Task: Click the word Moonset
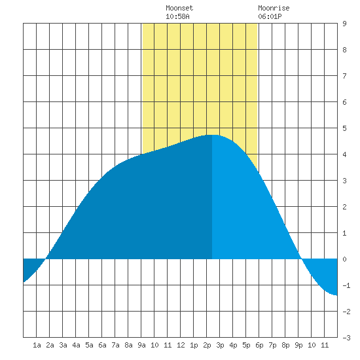pos(179,8)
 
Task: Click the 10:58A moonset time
pos(177,16)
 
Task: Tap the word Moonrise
pos(274,8)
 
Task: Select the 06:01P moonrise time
pos(270,16)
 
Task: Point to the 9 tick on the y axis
pos(344,24)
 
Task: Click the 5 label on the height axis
pos(344,128)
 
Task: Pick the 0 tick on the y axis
pos(344,259)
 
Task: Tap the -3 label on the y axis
pos(346,338)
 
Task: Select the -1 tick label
pos(346,285)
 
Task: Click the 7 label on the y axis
pos(344,76)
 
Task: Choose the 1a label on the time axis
pos(37,345)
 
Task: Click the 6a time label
pos(102,345)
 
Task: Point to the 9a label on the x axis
pos(141,345)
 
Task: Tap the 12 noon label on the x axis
pos(181,345)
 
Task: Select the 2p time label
pos(207,345)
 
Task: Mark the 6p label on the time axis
pos(259,345)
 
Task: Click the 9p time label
pos(298,345)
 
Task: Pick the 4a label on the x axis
pos(76,345)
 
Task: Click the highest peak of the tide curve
pos(212,135)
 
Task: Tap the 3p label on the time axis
pos(220,345)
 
